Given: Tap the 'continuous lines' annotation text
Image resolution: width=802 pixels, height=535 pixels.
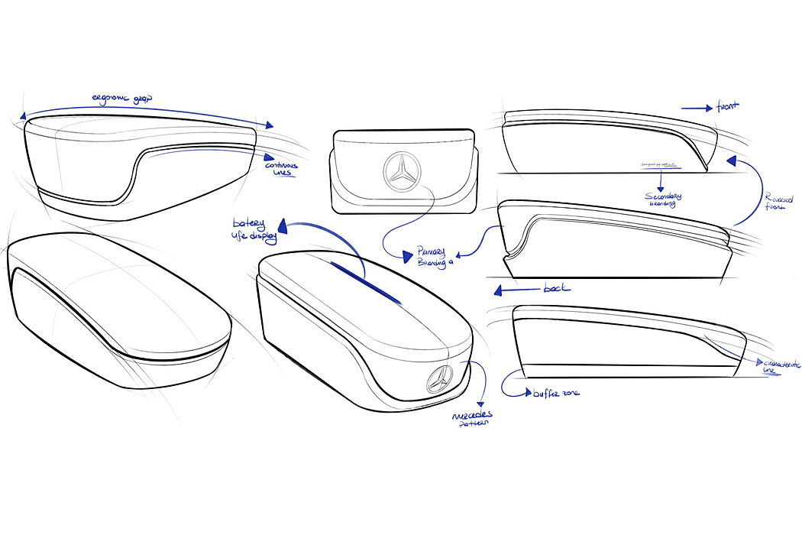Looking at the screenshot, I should tap(281, 169).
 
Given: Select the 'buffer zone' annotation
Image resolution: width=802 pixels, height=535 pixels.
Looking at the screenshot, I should tap(554, 393).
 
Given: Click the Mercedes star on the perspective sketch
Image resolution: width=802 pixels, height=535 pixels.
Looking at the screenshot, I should tap(441, 378).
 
